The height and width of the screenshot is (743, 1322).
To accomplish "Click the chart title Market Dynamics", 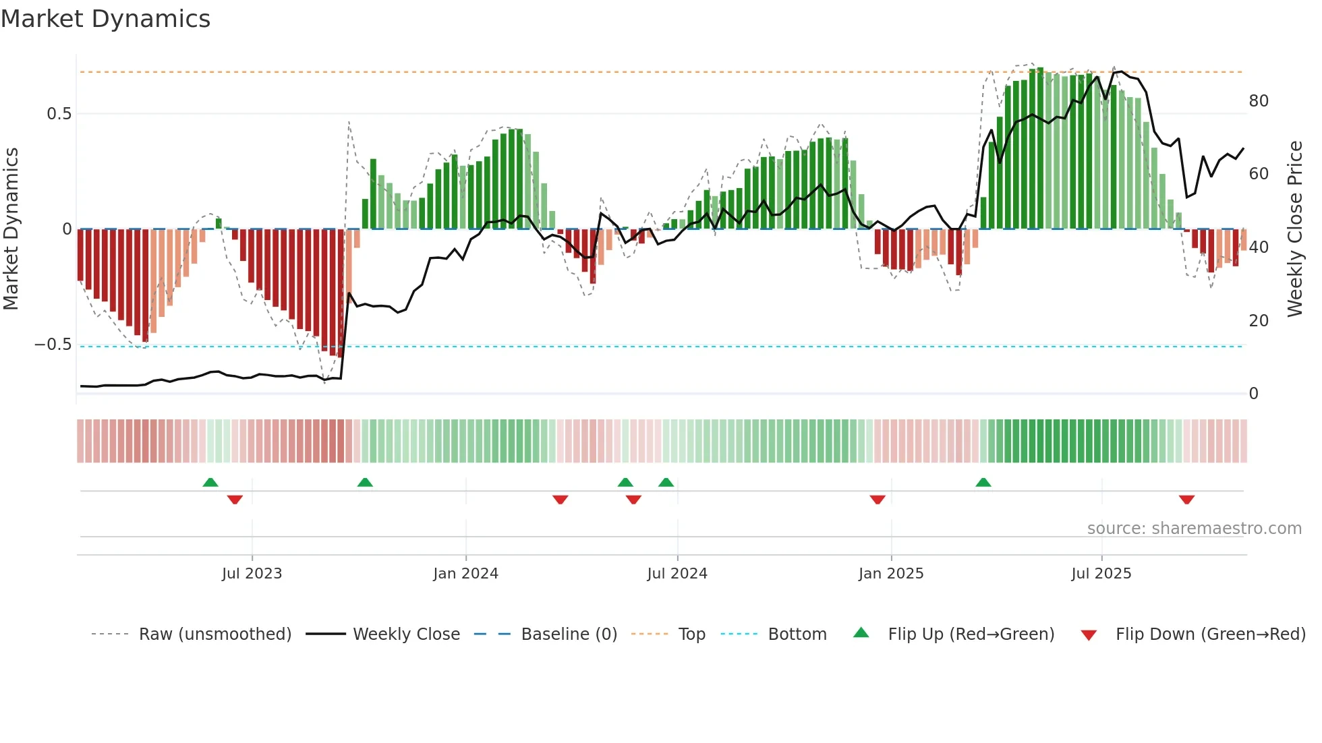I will pos(106,19).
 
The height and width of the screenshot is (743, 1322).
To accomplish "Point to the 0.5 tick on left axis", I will pos(59,114).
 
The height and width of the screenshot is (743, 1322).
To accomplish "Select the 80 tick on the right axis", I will pos(1259,101).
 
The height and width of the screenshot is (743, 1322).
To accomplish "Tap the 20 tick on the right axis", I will pos(1259,321).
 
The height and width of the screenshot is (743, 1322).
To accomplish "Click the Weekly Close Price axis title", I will pos(1294,229).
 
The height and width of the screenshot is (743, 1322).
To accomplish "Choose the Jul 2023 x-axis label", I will pos(252,574).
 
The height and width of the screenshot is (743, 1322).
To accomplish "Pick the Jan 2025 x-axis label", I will pos(890,574).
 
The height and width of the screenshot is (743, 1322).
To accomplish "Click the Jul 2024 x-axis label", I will pos(677,574).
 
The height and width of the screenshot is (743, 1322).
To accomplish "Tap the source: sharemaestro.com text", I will pos(1194,529).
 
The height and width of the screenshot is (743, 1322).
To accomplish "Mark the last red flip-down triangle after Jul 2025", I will pos(1186,500).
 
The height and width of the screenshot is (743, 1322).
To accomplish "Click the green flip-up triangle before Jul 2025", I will pos(983,482).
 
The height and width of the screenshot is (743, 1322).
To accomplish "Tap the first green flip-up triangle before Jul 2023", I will pos(210,482).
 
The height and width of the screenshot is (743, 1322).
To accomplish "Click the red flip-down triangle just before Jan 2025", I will pos(877,500).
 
